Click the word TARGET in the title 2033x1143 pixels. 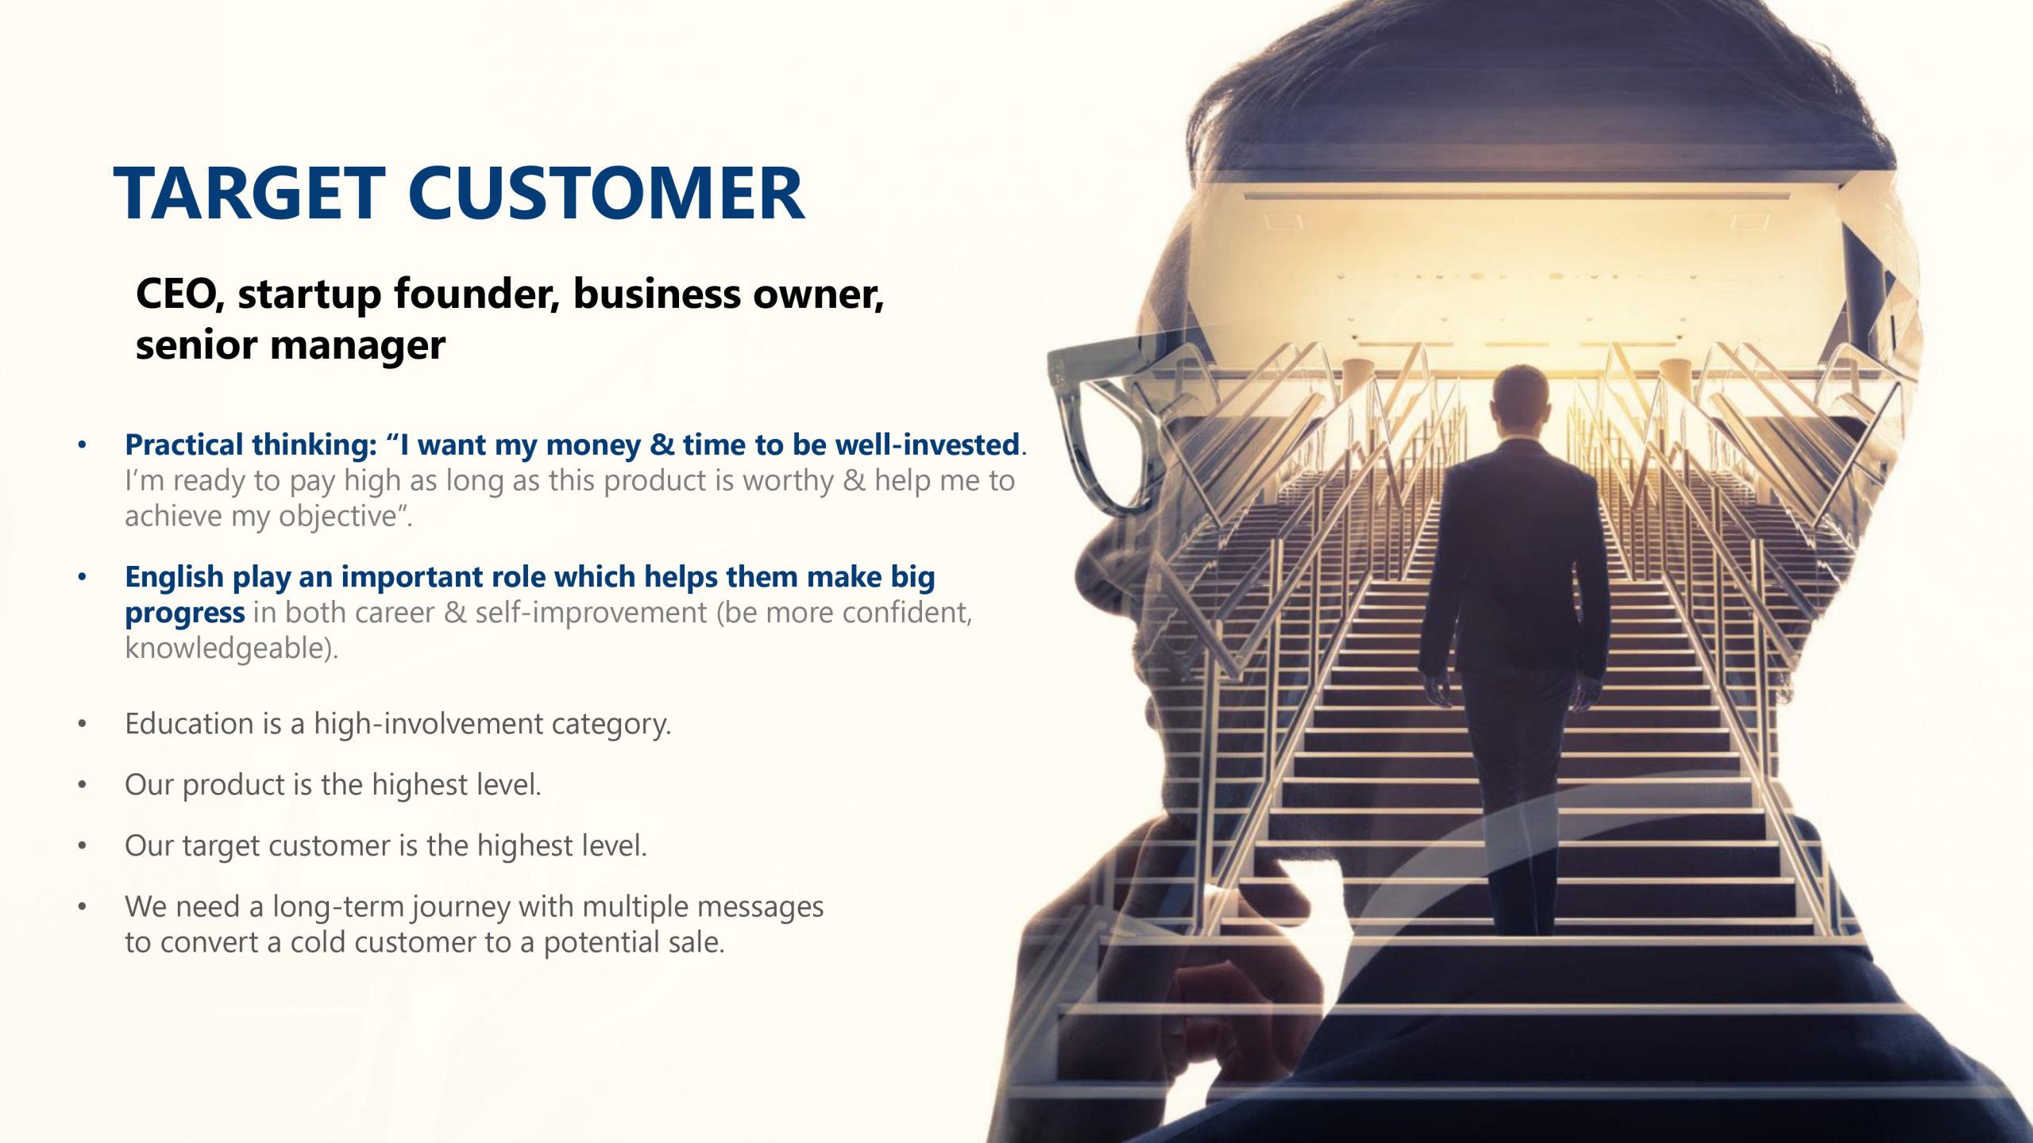tap(249, 193)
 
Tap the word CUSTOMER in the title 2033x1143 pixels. tap(607, 193)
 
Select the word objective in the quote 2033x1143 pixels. tap(338, 517)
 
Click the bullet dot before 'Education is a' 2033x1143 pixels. tap(82, 724)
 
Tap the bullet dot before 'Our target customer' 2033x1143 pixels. tap(82, 846)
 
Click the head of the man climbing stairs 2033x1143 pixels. tap(1520, 398)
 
